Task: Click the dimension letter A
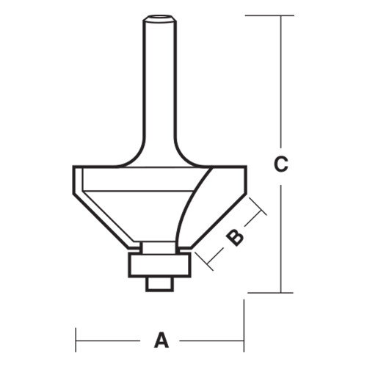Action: coord(161,341)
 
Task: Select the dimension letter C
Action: coord(280,165)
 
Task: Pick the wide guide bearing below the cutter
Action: coord(159,264)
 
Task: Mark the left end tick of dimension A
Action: coord(77,341)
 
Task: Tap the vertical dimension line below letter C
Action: coord(280,235)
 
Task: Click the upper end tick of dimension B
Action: coord(257,206)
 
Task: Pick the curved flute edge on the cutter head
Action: coord(192,206)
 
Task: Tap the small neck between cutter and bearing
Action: coord(159,247)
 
